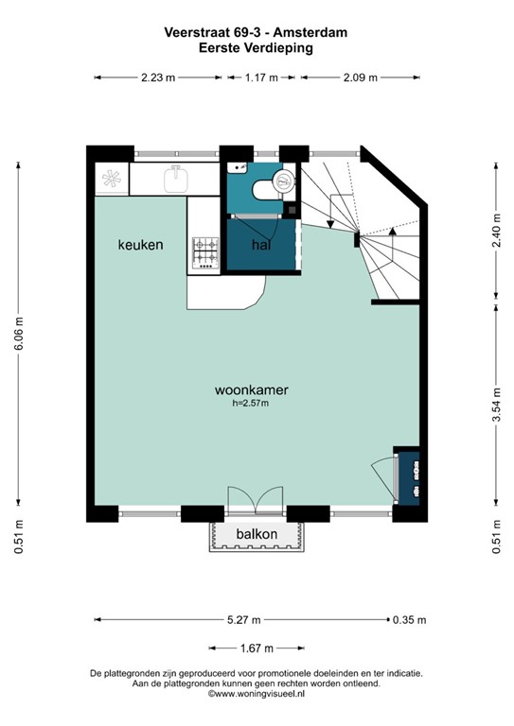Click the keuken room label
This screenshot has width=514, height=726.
point(140,245)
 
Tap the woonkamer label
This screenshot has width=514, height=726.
point(251,389)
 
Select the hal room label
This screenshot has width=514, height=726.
point(261,245)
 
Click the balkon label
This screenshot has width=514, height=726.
point(257,534)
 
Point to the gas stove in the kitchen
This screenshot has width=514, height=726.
point(205,252)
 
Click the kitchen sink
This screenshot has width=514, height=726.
point(176,180)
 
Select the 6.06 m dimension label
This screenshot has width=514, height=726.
point(19,334)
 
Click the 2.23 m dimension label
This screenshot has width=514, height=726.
point(158,78)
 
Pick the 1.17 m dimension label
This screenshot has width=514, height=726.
point(261,78)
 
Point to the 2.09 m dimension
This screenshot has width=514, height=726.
point(360,78)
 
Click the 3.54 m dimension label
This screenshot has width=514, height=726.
point(496,405)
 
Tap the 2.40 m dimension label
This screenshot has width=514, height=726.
point(496,230)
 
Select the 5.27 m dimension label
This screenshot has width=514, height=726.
point(244,620)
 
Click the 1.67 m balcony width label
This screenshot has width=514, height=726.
point(257,648)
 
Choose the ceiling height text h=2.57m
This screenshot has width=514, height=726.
point(251,404)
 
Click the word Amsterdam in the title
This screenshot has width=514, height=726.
point(310,32)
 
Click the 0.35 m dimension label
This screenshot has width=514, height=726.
point(409,620)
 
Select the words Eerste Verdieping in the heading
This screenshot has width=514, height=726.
point(256,47)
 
